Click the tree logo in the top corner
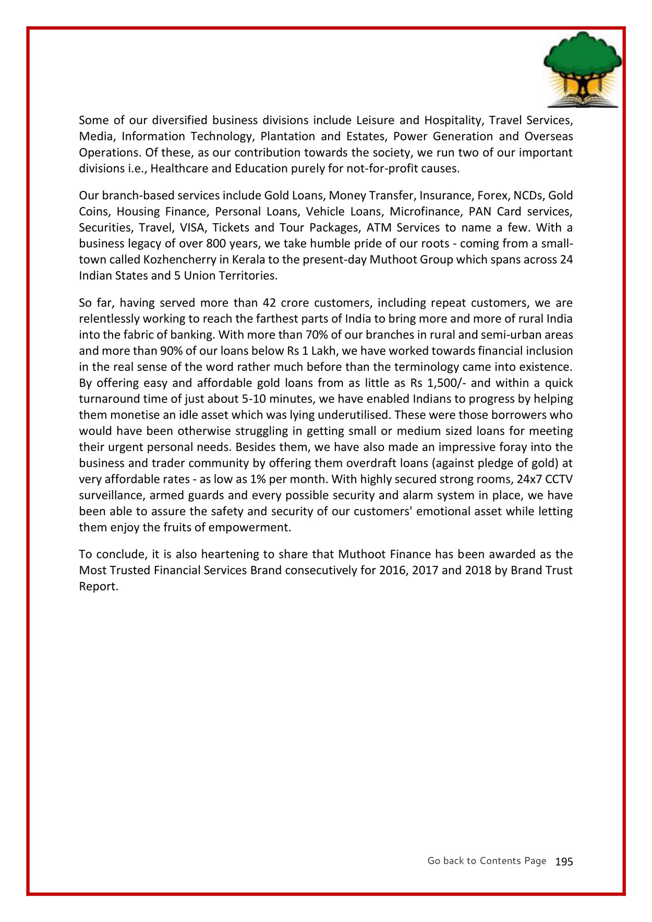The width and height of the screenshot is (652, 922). [583, 69]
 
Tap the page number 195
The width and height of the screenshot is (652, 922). [564, 862]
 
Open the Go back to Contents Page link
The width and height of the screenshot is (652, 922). [486, 861]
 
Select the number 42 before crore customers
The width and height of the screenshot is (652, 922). [268, 303]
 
